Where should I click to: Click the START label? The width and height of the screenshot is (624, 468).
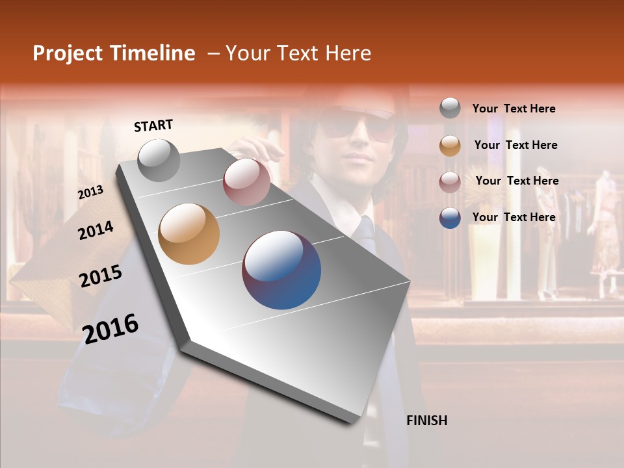(153, 125)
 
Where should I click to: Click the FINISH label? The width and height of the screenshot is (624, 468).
(426, 421)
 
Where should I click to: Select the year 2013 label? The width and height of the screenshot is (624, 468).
(90, 192)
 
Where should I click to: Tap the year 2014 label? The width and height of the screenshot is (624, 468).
(96, 230)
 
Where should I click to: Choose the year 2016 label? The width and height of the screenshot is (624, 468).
(110, 329)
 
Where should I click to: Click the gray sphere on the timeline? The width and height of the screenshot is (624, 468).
(159, 160)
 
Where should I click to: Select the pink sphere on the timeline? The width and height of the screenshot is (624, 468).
(246, 182)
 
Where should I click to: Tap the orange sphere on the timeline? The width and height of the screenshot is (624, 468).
(188, 234)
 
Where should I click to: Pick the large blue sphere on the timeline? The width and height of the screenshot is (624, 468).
(281, 270)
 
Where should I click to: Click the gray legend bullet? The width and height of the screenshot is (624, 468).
(450, 108)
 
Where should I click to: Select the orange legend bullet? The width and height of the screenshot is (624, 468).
(450, 146)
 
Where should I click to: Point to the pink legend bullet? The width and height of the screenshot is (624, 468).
(450, 182)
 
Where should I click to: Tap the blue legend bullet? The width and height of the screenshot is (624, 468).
(450, 218)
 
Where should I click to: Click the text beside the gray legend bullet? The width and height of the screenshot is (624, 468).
(513, 109)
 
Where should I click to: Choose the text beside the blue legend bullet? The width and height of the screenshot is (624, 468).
(513, 217)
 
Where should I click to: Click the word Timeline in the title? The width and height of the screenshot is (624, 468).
(152, 53)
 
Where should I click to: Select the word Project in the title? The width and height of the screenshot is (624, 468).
(68, 53)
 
